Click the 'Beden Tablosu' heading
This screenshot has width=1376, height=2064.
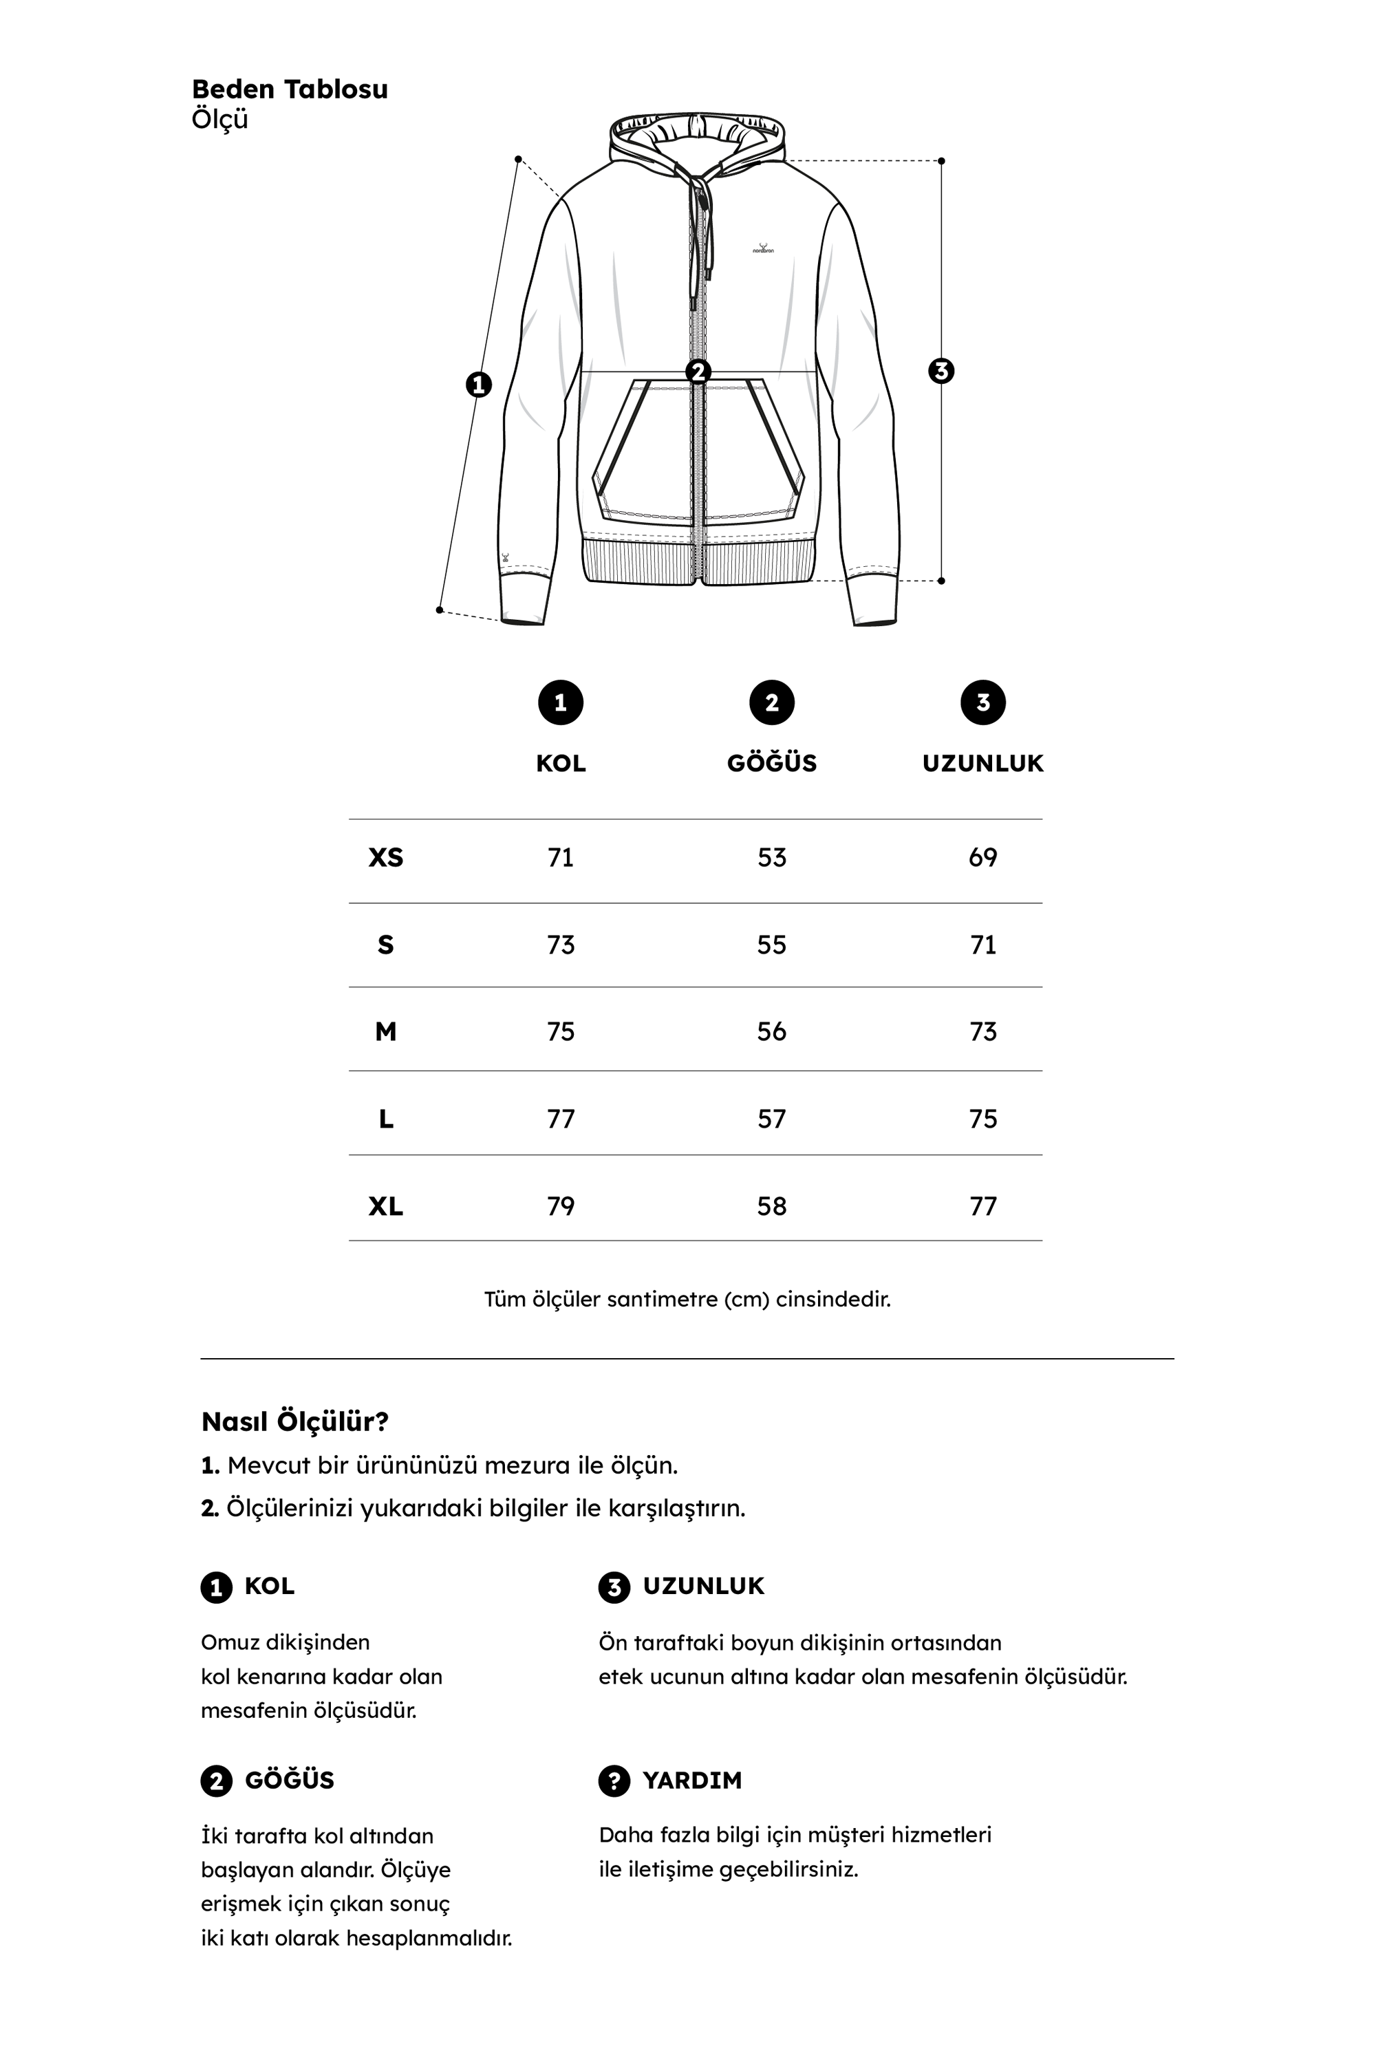point(290,89)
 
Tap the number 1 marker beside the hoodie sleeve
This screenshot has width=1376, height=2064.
point(478,385)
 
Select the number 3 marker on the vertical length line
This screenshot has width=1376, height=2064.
point(940,372)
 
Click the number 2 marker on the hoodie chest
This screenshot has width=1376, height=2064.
point(698,372)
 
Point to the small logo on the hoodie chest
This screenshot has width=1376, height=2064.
point(762,248)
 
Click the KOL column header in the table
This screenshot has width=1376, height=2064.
point(561,764)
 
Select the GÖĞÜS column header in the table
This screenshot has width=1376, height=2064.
point(771,764)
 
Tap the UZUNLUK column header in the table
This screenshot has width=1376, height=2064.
point(983,764)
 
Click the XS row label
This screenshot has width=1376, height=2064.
point(385,857)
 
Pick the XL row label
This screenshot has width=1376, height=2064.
point(385,1207)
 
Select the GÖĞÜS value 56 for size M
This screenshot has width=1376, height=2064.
point(771,1032)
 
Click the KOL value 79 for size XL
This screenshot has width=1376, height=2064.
point(561,1207)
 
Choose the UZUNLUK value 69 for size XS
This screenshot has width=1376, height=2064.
point(983,857)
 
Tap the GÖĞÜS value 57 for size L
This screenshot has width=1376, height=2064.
point(771,1119)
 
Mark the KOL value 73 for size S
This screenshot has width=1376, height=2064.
point(561,945)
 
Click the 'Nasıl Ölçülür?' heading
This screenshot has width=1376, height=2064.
point(295,1421)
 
